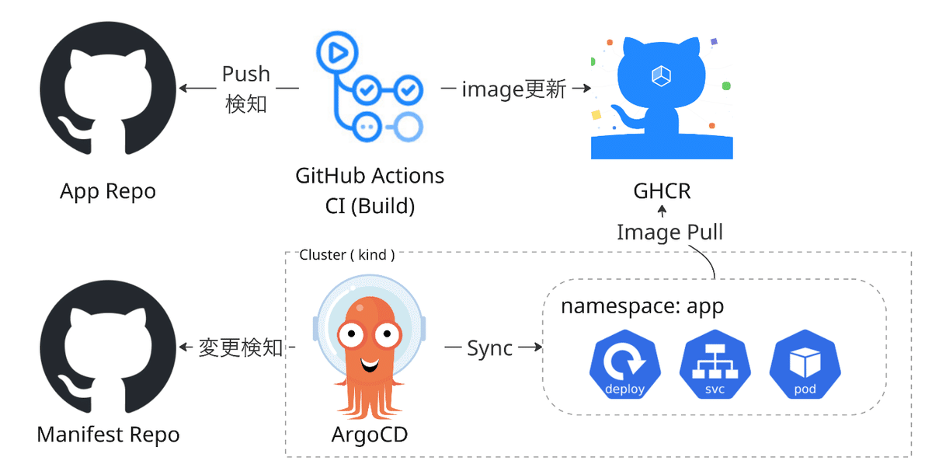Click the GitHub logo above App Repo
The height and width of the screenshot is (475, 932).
[x=107, y=88]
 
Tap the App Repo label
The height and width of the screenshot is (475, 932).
[x=108, y=190]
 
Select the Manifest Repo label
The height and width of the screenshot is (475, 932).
[x=108, y=434]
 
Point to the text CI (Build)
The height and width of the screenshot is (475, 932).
[x=370, y=206]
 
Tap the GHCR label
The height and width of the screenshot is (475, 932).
[x=662, y=190]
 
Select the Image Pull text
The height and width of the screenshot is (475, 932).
[x=669, y=232]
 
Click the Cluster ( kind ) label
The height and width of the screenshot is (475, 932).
[x=347, y=254]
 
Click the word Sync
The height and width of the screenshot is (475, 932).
[x=490, y=348]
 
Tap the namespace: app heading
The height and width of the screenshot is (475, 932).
[x=642, y=306]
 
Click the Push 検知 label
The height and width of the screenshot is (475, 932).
[x=246, y=89]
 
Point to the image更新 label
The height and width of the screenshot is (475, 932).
[x=513, y=89]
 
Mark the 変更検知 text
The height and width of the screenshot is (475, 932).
[x=241, y=348]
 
